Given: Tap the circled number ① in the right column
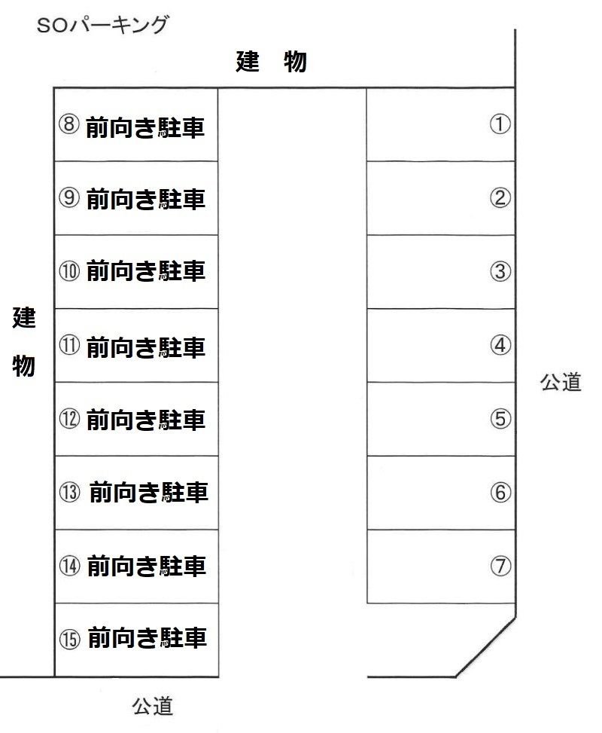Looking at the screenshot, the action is [500, 124].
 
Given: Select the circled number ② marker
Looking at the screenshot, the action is [500, 197].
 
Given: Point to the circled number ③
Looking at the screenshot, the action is [500, 271].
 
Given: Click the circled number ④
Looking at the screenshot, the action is [500, 345].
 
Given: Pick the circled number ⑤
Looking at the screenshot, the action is [500, 418].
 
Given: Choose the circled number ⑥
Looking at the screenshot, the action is [500, 492].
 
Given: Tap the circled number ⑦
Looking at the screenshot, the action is [500, 566].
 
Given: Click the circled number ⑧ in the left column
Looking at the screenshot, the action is [68, 124].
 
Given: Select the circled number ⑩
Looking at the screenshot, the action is [69, 271].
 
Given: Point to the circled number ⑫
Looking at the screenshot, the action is [69, 418].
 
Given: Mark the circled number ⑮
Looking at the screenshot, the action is [69, 639].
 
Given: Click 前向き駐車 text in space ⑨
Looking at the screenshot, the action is [146, 199].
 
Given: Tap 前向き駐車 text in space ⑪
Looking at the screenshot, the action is [146, 347].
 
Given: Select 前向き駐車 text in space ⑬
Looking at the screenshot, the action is [148, 493].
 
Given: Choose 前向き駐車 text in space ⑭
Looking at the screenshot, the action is [147, 566].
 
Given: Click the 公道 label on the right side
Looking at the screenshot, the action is [561, 382].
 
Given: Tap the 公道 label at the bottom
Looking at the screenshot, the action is [152, 706].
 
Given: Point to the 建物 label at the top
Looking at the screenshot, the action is [271, 61].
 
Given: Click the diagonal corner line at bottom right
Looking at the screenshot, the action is [485, 647].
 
